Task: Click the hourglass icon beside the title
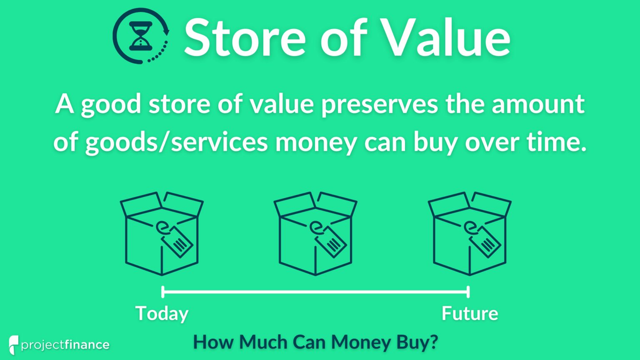tap(141, 36)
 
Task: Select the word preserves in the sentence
tap(380, 104)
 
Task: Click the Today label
tap(162, 313)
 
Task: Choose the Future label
tap(470, 313)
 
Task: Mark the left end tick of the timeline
tap(162, 292)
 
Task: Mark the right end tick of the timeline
tap(468, 292)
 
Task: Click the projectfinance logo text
tap(65, 345)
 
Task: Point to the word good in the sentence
tap(111, 104)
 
